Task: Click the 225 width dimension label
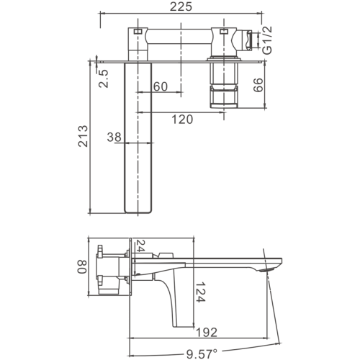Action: pyautogui.click(x=181, y=6)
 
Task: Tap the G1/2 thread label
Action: pyautogui.click(x=267, y=40)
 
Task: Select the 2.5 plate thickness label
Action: pyautogui.click(x=104, y=78)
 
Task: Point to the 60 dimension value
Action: pyautogui.click(x=161, y=86)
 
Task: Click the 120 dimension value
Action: pyautogui.click(x=182, y=120)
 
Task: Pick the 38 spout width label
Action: pyautogui.click(x=114, y=137)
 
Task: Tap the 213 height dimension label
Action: pyautogui.click(x=83, y=136)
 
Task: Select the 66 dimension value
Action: pyautogui.click(x=258, y=85)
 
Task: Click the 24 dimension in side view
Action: pyautogui.click(x=140, y=246)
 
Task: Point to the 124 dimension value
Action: pyautogui.click(x=200, y=292)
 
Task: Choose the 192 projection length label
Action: pyautogui.click(x=207, y=332)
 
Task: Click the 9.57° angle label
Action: pyautogui.click(x=202, y=354)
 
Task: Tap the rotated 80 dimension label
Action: pyautogui.click(x=82, y=266)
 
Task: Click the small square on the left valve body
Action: pyautogui.click(x=138, y=31)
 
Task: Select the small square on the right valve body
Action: pyautogui.click(x=223, y=31)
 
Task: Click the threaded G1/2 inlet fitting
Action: pyautogui.click(x=247, y=40)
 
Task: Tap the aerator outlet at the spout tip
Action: pyautogui.click(x=267, y=270)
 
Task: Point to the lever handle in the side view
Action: pyautogui.click(x=175, y=300)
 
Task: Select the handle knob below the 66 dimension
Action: pyautogui.click(x=224, y=97)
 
